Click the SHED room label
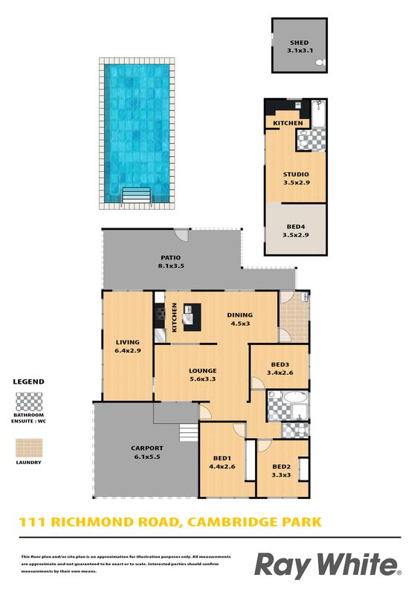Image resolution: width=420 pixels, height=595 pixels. pyautogui.click(x=300, y=43)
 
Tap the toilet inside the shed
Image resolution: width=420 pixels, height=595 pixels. pyautogui.click(x=320, y=63)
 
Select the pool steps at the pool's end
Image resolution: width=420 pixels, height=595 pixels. pyautogui.click(x=137, y=196)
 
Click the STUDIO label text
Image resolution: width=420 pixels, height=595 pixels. pyautogui.click(x=296, y=175)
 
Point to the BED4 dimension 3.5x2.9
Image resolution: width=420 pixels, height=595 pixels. pyautogui.click(x=296, y=235)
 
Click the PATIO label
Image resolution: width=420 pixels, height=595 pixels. pyautogui.click(x=171, y=257)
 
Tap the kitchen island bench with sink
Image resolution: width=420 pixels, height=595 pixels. pyautogui.click(x=192, y=318)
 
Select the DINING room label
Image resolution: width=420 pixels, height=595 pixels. pyautogui.click(x=240, y=315)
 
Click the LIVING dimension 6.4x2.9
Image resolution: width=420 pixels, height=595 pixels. pyautogui.click(x=128, y=350)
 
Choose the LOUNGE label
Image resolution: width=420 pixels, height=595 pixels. pyautogui.click(x=203, y=370)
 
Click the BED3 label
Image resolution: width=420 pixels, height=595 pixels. pyautogui.click(x=280, y=364)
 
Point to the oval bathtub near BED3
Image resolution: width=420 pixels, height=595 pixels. pyautogui.click(x=296, y=397)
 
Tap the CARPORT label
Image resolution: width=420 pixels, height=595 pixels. pyautogui.click(x=147, y=448)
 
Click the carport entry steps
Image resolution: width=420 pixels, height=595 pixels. pyautogui.click(x=189, y=432)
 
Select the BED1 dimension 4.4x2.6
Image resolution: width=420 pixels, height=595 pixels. pyautogui.click(x=222, y=467)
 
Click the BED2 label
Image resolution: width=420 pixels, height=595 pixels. pyautogui.click(x=282, y=467)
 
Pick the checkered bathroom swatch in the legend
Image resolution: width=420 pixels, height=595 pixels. pyautogui.click(x=29, y=402)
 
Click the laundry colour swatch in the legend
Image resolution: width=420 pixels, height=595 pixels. pyautogui.click(x=29, y=448)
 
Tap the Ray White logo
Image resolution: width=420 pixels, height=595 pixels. pyautogui.click(x=327, y=566)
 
